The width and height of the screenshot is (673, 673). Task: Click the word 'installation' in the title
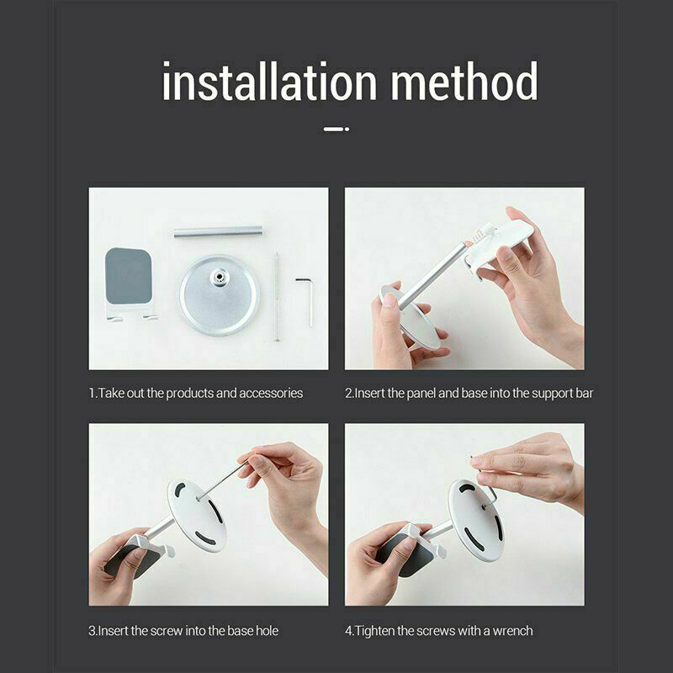[x=269, y=81]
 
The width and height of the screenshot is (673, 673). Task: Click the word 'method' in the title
[x=464, y=81]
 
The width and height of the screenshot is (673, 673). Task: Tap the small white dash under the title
[x=336, y=129]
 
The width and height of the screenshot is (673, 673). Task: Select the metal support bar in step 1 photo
[x=218, y=232]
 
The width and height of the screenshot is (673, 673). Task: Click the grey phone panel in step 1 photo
[x=129, y=277]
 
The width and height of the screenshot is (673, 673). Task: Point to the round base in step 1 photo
[x=219, y=295]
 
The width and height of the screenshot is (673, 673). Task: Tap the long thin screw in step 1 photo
[x=277, y=297]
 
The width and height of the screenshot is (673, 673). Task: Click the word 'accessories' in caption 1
[x=271, y=393]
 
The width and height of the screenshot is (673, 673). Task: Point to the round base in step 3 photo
[x=197, y=516]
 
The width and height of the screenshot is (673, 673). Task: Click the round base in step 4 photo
[x=475, y=520]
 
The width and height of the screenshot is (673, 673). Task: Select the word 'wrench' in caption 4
[x=512, y=631]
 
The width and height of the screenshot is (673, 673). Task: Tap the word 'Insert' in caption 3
[x=114, y=631]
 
